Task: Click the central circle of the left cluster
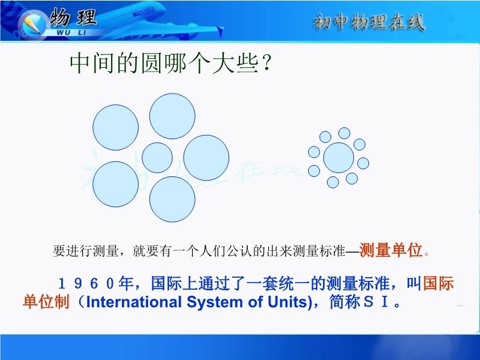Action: pos(157,158)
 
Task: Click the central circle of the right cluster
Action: pos(338,158)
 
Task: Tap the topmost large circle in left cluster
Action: pos(172,116)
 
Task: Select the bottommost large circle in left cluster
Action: pos(172,199)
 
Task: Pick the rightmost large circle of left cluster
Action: pos(206,158)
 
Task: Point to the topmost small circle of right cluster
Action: pos(344,133)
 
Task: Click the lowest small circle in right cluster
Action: pos(333,182)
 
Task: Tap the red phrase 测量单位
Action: pos(391,250)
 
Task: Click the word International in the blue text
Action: pos(134,302)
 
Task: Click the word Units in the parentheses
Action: pos(287,302)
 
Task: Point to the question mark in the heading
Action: pos(267,64)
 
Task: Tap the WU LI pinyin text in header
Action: pos(71,32)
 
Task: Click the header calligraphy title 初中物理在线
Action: pos(368,22)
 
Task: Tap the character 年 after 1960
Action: pos(125,283)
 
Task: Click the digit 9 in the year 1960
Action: pos(78,284)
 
